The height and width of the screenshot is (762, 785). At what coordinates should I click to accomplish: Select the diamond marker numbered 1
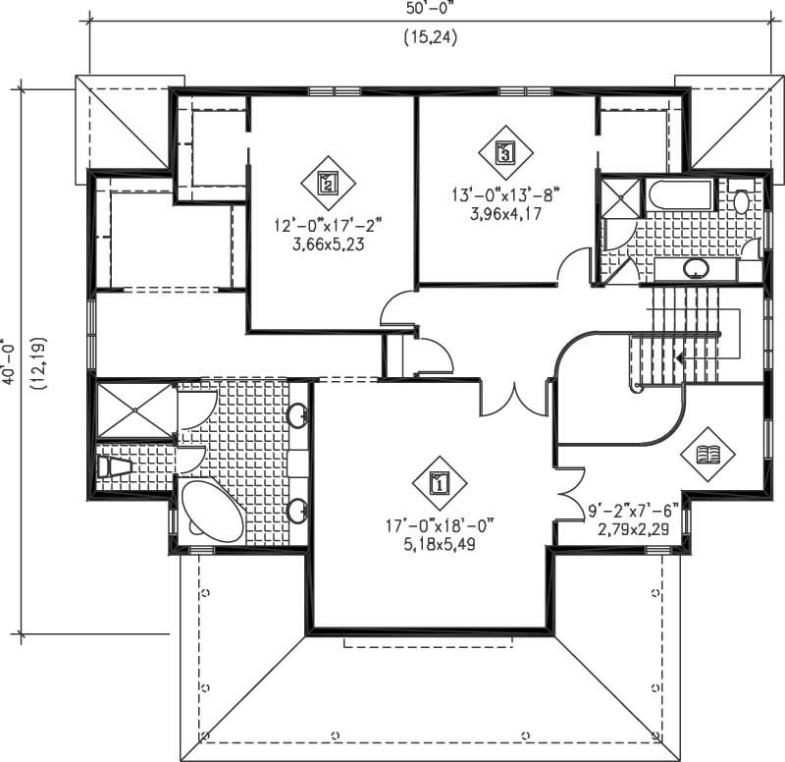click(x=439, y=482)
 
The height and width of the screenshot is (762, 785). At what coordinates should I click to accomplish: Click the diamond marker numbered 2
click(x=329, y=181)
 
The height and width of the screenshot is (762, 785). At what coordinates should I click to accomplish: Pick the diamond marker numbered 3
click(x=504, y=152)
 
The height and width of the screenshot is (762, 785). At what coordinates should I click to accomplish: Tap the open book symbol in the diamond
click(x=707, y=453)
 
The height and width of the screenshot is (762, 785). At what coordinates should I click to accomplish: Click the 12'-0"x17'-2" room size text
click(x=327, y=226)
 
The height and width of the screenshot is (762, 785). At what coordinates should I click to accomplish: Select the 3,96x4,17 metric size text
click(x=504, y=212)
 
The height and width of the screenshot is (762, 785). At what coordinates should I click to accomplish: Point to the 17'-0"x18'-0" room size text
click(x=438, y=525)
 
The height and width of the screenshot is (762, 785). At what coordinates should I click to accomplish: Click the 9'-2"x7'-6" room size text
click(x=633, y=511)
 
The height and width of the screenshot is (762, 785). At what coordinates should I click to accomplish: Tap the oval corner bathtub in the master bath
click(x=211, y=512)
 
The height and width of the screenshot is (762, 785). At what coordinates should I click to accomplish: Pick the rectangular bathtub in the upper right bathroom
click(x=676, y=195)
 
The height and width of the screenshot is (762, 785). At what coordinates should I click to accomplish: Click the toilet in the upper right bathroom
click(x=742, y=200)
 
